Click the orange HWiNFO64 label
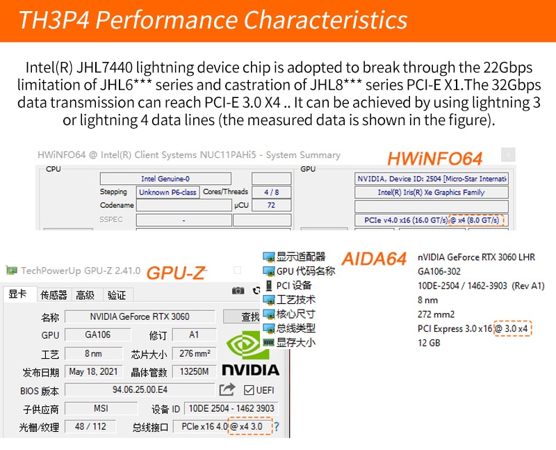[435, 159]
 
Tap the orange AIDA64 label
[374, 259]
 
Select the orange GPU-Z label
[177, 273]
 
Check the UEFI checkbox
[249, 390]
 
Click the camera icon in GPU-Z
[238, 291]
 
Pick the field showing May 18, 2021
[94, 371]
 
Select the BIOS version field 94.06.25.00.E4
[140, 389]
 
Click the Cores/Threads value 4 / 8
[271, 192]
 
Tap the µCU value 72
[271, 205]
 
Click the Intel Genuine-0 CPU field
[165, 179]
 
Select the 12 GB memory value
[429, 343]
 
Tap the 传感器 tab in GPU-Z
[54, 295]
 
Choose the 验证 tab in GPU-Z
[117, 295]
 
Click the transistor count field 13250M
[195, 371]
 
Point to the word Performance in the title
[167, 20]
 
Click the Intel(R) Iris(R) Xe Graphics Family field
[431, 192]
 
